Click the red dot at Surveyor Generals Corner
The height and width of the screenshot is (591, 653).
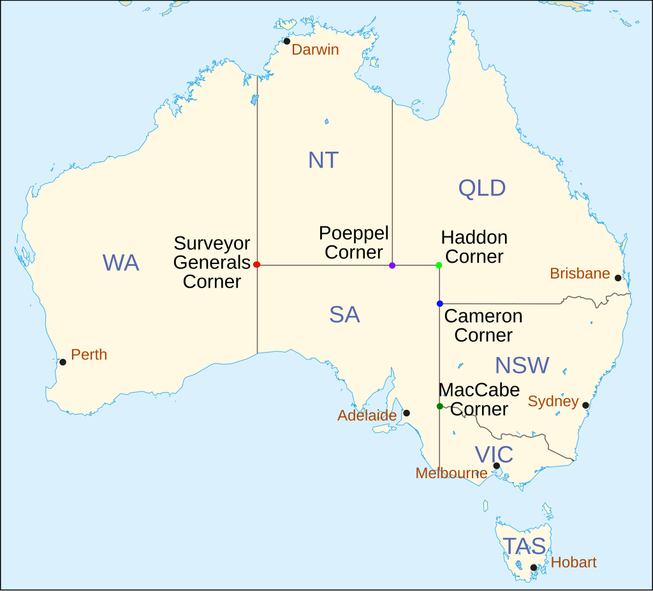(256, 265)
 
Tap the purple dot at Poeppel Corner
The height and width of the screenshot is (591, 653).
(392, 265)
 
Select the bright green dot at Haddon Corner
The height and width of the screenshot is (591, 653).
(439, 265)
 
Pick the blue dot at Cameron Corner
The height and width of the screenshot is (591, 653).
(440, 303)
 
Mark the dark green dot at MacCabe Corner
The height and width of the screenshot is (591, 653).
(439, 406)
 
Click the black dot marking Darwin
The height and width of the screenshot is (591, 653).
(287, 41)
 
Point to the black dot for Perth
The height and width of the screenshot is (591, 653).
(62, 362)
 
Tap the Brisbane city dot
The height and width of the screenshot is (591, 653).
(618, 278)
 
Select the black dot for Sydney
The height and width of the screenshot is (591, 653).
(585, 405)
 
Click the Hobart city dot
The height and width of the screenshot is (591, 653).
(533, 567)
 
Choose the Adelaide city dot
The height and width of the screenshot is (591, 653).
(407, 413)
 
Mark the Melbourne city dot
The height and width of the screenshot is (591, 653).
(496, 466)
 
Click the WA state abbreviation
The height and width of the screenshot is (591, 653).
(121, 263)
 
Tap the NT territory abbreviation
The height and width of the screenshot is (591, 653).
(323, 160)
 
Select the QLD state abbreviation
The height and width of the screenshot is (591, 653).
(482, 188)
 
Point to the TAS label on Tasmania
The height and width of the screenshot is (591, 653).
(524, 546)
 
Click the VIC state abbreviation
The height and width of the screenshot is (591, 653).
(494, 455)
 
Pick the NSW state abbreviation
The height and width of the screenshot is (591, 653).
(522, 365)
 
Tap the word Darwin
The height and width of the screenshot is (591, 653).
(315, 50)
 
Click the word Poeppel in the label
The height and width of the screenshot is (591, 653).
(354, 233)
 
